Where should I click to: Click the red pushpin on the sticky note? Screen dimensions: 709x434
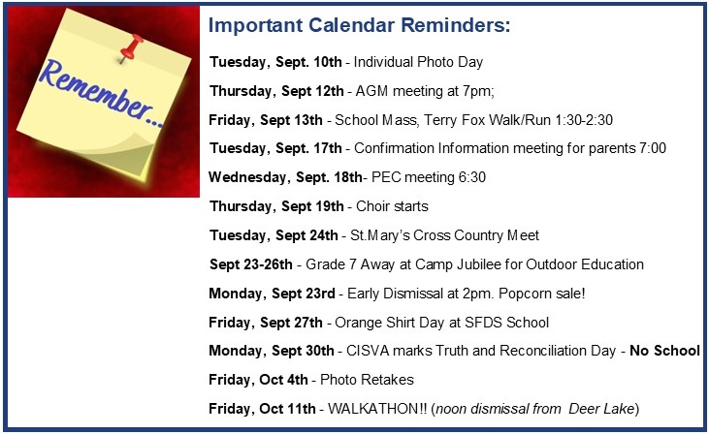click(x=131, y=46)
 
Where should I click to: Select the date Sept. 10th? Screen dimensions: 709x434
click(x=308, y=62)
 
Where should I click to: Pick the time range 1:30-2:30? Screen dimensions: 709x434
click(x=583, y=120)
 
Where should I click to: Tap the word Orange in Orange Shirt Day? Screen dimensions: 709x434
click(x=352, y=323)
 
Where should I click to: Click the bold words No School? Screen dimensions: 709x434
click(x=664, y=351)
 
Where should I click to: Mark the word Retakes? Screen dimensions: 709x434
click(x=390, y=380)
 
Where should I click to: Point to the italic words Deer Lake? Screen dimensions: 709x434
click(x=601, y=409)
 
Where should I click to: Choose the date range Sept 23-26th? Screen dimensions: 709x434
click(x=251, y=264)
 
